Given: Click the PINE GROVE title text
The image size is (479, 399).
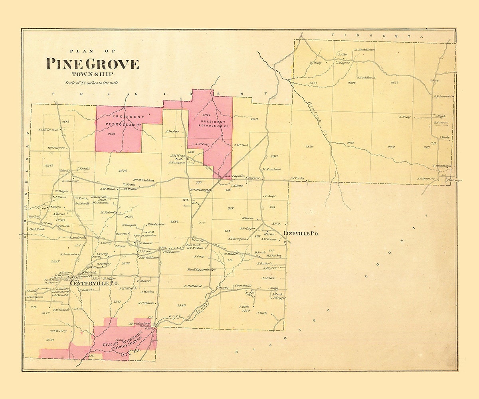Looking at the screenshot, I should tap(92, 64).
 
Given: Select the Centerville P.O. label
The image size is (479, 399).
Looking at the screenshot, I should tap(95, 283).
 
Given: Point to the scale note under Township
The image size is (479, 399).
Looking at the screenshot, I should tap(92, 83).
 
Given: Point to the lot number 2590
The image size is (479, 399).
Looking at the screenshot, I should tap(181, 305).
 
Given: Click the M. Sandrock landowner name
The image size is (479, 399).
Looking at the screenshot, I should tap(272, 169).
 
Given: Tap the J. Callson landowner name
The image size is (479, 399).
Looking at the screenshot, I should tap(146, 303).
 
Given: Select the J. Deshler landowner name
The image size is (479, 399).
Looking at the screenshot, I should tap(172, 131).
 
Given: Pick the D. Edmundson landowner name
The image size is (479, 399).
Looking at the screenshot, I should tap(444, 96).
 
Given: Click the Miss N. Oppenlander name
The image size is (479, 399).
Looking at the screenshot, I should tap(202, 270).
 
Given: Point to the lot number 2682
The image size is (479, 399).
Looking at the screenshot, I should tap(66, 122).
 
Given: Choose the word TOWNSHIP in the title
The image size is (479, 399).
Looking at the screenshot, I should tap(92, 74).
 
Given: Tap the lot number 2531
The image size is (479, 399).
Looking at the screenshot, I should tap(50, 340).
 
